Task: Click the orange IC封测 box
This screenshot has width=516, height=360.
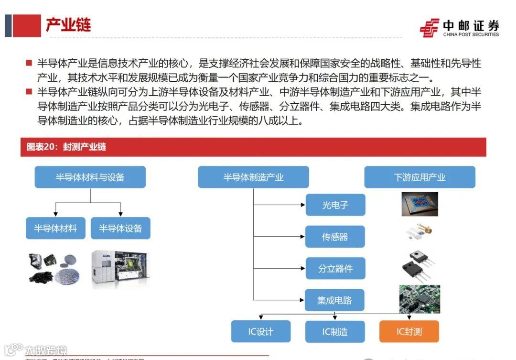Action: (x=409, y=331)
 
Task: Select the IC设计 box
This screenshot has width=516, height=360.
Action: (x=261, y=331)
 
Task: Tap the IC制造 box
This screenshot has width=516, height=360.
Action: (x=334, y=331)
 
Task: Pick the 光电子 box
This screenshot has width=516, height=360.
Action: (x=335, y=205)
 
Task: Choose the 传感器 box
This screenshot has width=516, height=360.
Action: (x=335, y=237)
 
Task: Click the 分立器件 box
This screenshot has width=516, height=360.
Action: (x=335, y=268)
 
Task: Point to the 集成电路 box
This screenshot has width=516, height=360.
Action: (x=335, y=300)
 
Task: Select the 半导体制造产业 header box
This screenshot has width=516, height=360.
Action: (x=253, y=177)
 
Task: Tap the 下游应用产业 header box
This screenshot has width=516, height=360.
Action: (x=419, y=177)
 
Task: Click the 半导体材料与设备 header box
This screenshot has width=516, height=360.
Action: (x=90, y=177)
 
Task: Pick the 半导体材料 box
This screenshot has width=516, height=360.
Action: (x=55, y=228)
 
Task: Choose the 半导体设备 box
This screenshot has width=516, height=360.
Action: (x=120, y=228)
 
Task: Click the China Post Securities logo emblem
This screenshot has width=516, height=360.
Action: (x=429, y=28)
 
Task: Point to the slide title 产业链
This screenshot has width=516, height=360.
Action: (x=68, y=25)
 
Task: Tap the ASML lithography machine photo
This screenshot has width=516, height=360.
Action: (x=120, y=269)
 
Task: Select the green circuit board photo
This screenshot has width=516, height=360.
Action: (x=419, y=299)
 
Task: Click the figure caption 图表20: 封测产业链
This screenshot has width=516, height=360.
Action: (x=66, y=147)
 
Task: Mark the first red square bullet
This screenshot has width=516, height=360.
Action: (x=29, y=63)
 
